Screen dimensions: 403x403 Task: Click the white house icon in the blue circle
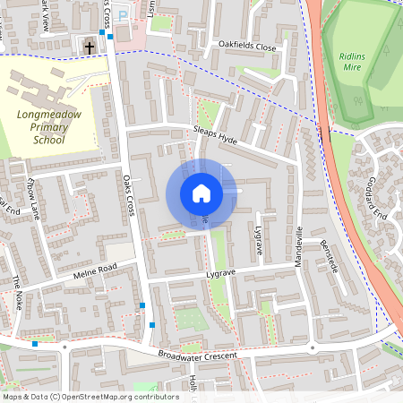[x=201, y=193]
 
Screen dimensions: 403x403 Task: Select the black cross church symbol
[x=89, y=46]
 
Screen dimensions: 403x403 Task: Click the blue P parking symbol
[x=123, y=16]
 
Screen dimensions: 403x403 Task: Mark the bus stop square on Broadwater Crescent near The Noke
[x=35, y=344]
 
